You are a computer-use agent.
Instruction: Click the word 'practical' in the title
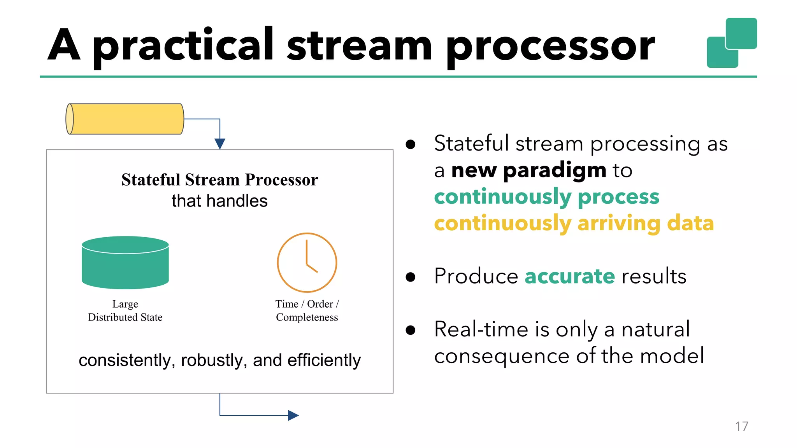(183, 46)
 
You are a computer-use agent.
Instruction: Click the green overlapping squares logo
(732, 43)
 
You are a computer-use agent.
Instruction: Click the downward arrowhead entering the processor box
(220, 143)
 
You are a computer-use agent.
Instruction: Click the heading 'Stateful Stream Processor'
(219, 180)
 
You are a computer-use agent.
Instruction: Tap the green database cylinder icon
(125, 263)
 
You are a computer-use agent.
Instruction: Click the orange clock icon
(307, 262)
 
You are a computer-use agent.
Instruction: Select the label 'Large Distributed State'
(125, 311)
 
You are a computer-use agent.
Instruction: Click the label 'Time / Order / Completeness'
(307, 311)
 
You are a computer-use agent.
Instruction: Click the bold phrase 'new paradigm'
(528, 170)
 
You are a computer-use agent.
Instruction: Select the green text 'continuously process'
(546, 197)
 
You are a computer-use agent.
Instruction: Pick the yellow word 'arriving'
(618, 223)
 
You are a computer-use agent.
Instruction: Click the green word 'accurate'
(570, 276)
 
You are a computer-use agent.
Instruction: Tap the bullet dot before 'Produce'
(410, 277)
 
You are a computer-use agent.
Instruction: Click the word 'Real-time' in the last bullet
(481, 329)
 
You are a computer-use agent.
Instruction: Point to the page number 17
(741, 427)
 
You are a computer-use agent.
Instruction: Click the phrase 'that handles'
(219, 201)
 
